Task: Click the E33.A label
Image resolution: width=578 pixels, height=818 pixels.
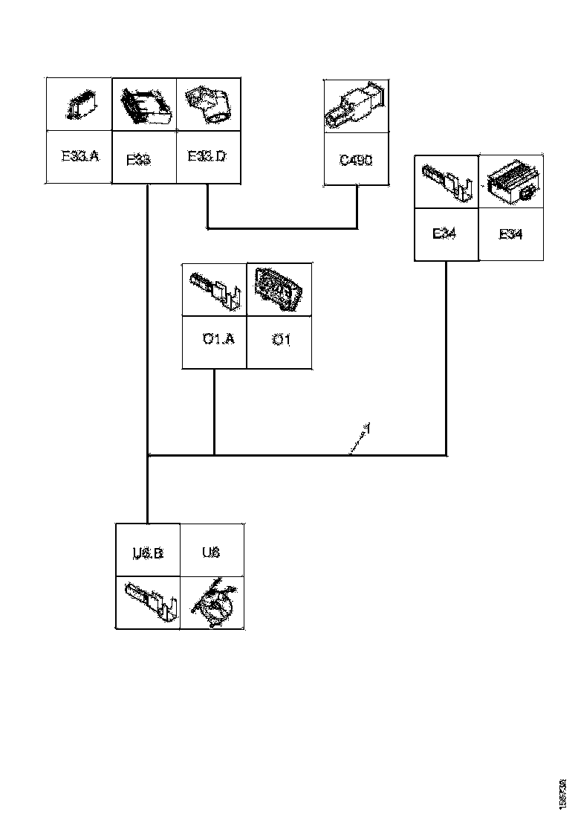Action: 79,157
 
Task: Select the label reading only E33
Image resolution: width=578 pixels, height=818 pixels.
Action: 139,159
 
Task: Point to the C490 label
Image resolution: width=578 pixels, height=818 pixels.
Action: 356,159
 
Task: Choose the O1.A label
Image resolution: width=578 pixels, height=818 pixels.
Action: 218,339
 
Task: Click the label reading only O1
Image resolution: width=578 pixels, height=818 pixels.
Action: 280,340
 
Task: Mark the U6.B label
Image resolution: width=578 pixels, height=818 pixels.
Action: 148,553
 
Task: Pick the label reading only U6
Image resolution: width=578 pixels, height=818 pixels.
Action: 211,553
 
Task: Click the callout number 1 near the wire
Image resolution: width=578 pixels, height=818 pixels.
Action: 366,428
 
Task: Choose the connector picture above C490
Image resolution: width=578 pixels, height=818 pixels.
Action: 356,106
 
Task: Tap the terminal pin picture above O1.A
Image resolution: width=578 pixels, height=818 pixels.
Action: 215,289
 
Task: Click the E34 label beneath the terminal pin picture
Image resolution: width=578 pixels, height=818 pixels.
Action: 445,234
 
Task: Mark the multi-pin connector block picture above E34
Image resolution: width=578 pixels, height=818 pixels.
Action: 510,182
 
